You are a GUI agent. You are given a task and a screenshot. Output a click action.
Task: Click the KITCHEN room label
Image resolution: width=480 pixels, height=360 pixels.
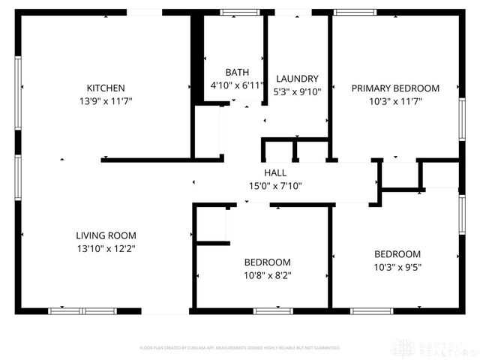105,88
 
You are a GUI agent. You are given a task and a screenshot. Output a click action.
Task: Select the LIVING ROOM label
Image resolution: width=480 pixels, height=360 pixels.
105,235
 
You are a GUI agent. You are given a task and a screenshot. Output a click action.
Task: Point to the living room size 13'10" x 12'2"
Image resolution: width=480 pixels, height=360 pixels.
105,247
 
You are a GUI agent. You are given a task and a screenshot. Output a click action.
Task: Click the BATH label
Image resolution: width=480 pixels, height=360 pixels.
237,73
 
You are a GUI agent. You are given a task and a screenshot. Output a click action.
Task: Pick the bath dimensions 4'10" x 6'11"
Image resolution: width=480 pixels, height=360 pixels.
237,85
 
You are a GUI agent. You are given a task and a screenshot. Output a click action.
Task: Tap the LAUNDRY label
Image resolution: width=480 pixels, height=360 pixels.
297,79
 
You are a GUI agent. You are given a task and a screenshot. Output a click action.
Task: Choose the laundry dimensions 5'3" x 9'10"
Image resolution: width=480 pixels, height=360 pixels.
297,91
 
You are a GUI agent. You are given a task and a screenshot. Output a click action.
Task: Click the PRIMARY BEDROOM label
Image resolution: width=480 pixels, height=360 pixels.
395,88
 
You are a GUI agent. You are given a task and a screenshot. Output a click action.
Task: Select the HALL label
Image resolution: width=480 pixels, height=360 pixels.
274,173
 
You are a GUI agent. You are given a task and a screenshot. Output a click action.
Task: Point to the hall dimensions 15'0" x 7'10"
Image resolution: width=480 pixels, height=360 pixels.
274,186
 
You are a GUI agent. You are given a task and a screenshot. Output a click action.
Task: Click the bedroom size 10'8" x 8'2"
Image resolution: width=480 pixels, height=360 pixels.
267,274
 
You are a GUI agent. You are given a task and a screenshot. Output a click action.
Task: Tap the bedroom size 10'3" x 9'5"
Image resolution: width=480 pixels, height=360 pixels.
397,266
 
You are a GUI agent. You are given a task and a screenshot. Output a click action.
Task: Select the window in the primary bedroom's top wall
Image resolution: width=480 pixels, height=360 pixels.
355,12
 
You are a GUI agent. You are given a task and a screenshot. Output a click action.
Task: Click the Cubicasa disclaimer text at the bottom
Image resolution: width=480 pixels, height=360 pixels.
240,348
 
